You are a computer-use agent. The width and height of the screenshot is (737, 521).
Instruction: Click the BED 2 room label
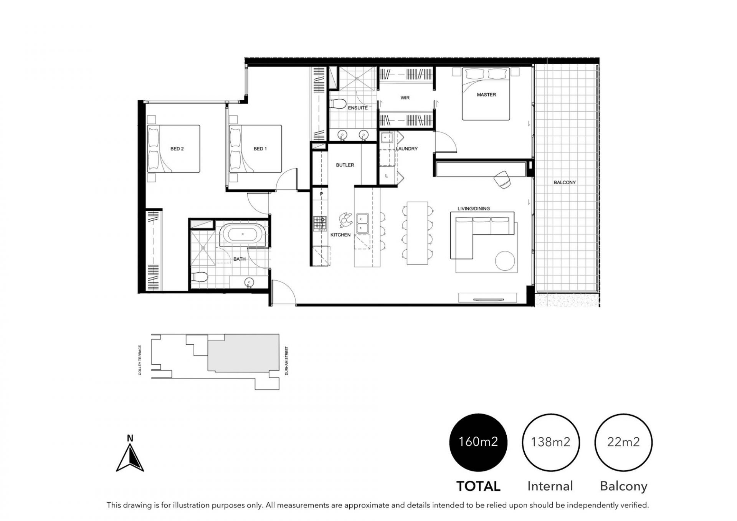coord(177,149)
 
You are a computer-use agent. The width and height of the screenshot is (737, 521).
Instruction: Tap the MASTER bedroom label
coord(486,94)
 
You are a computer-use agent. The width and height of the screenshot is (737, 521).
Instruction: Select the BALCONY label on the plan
coord(565,182)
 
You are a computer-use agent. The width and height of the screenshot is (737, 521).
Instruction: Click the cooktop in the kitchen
coord(320,223)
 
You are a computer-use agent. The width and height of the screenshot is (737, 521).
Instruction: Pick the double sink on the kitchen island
coord(362,223)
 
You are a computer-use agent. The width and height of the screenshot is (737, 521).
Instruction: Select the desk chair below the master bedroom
coord(503,180)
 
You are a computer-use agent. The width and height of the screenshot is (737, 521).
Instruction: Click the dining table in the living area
coord(417,233)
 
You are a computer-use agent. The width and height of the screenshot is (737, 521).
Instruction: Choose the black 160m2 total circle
coord(478,442)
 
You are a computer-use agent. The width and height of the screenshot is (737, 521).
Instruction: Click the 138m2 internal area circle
coord(551,442)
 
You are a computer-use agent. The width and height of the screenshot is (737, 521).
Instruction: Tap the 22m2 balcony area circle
coord(623,442)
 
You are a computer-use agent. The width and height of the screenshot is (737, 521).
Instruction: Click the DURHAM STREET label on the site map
coord(287,361)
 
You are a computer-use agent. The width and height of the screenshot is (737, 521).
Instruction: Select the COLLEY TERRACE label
coord(140,360)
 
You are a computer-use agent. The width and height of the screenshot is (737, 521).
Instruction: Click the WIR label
coord(405,98)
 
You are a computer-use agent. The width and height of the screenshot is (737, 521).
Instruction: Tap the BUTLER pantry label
coord(345,165)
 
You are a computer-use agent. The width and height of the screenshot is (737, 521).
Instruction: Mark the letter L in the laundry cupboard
coord(387,176)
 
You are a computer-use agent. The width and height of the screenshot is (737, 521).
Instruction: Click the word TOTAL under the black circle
coord(478,486)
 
